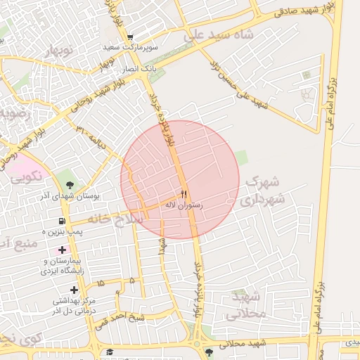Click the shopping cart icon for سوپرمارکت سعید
pyautogui.click(x=130, y=37)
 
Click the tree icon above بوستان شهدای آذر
pyautogui.click(x=69, y=184)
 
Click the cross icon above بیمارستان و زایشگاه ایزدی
pyautogui.click(x=63, y=250)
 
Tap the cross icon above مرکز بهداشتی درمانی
pyautogui.click(x=74, y=290)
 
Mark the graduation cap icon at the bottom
pyautogui.click(x=110, y=352)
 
